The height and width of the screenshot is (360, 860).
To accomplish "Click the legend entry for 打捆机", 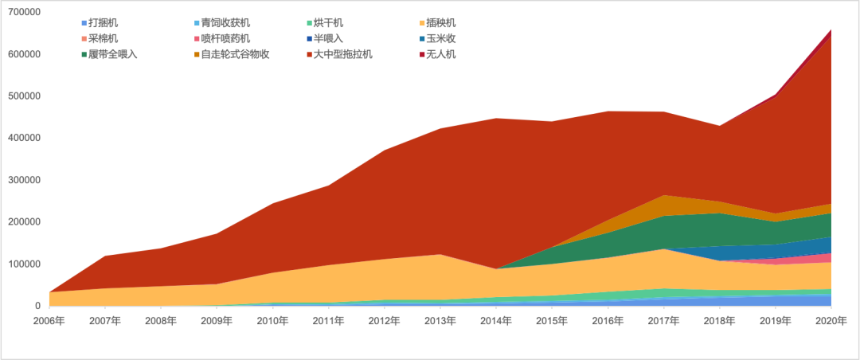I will (104, 23).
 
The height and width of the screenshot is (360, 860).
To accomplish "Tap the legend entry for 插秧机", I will (442, 23).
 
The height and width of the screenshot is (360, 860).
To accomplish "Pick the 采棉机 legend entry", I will (104, 39).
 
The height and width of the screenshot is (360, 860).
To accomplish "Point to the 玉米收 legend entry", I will (442, 39).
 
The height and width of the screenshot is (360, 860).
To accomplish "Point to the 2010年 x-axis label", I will (272, 321).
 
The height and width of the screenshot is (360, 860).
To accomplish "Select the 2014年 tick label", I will (496, 321).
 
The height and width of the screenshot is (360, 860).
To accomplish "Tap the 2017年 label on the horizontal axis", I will (663, 321).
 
